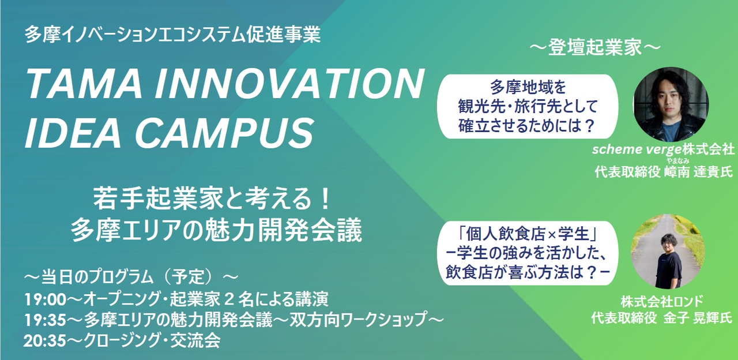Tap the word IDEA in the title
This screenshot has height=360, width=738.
pos(73,133)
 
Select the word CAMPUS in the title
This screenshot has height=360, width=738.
pos(224,133)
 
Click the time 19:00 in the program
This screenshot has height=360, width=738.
pos(45,299)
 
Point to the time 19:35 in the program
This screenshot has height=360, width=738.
pos(45,320)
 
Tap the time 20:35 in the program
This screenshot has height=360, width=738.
pos(44,340)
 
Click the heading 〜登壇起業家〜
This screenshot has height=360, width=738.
pos(595,47)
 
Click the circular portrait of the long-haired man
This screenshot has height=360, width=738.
pos(671,105)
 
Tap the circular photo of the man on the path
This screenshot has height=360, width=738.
pos(668,252)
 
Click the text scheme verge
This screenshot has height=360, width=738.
pos(637,149)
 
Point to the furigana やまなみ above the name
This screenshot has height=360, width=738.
pos(678,161)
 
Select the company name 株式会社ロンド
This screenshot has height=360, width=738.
pos(662,301)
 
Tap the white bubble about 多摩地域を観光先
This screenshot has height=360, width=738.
pos(528,107)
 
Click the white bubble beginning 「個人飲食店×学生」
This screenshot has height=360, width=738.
pos(528,253)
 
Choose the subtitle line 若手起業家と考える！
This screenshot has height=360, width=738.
pos(212,199)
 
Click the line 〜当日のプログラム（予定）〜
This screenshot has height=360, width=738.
pos(131,277)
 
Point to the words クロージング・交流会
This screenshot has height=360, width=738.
pos(152,340)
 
